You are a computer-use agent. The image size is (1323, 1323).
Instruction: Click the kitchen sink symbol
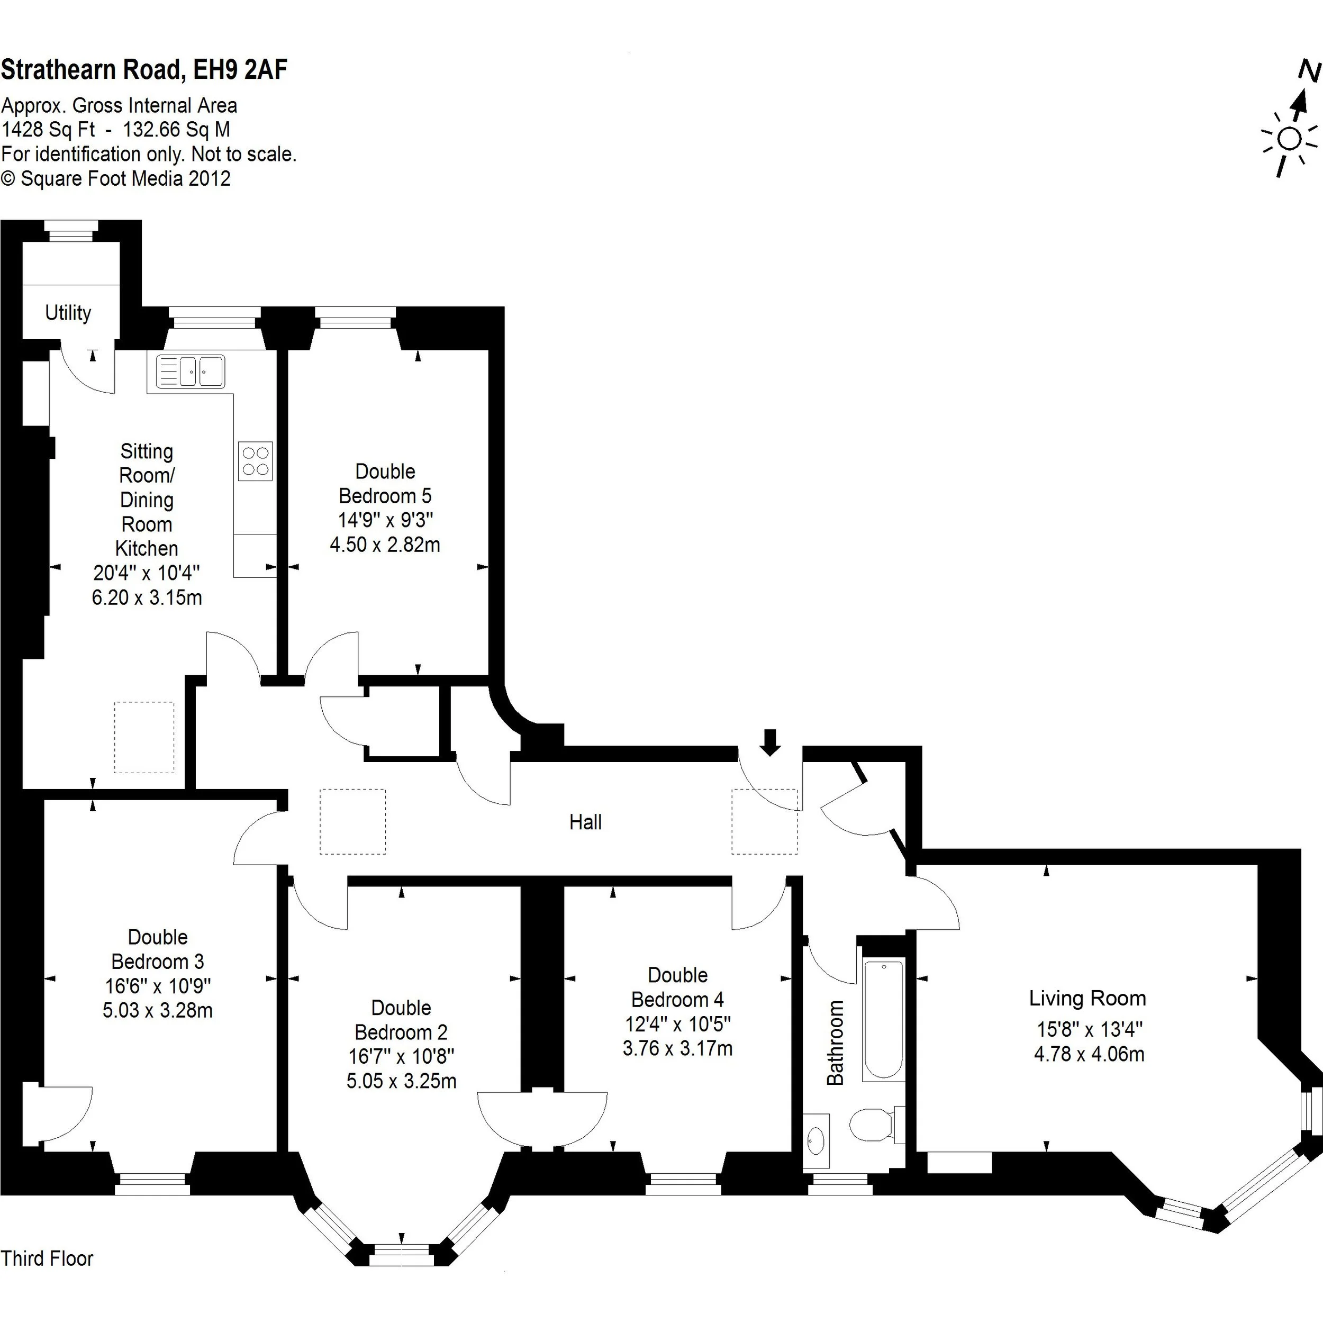pyautogui.click(x=191, y=372)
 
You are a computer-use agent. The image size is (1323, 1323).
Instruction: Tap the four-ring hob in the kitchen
pyautogui.click(x=256, y=461)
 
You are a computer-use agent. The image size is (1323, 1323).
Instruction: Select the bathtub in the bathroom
pyautogui.click(x=883, y=1020)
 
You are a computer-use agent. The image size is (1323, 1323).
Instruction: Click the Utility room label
pyautogui.click(x=68, y=313)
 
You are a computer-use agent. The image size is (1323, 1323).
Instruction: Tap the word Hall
pyautogui.click(x=585, y=822)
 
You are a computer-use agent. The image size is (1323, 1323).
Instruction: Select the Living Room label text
pyautogui.click(x=1088, y=999)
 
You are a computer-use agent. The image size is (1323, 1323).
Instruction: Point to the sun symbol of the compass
pyautogui.click(x=1290, y=139)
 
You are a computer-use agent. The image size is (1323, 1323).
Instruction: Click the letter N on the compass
pyautogui.click(x=1309, y=70)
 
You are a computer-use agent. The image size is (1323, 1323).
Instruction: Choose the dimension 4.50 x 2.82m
pyautogui.click(x=385, y=545)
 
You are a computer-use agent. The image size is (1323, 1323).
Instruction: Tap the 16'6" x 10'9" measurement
pyautogui.click(x=158, y=986)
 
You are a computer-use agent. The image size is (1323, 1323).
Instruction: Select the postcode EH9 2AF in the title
pyautogui.click(x=240, y=70)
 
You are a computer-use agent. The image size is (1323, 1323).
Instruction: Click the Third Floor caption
pyautogui.click(x=47, y=1258)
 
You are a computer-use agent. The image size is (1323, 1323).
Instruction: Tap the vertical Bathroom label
pyautogui.click(x=836, y=1043)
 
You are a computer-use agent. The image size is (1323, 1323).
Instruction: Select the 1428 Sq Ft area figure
pyautogui.click(x=48, y=130)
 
